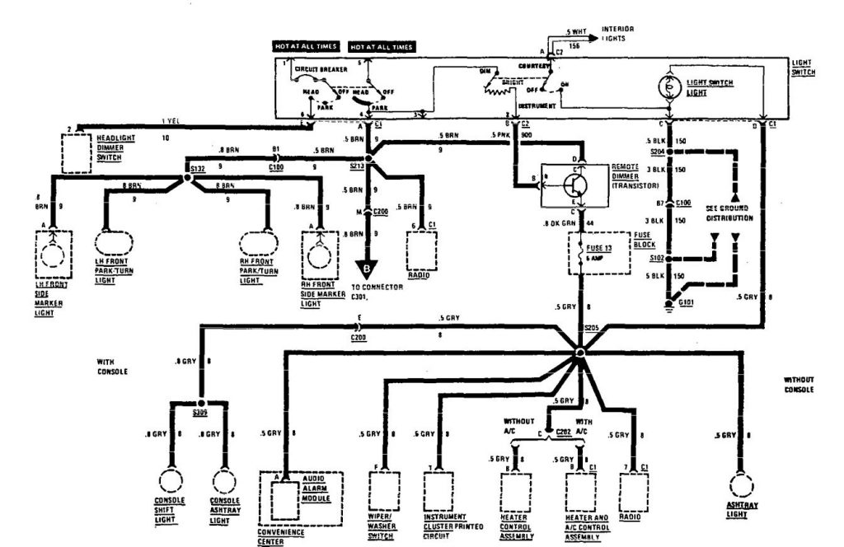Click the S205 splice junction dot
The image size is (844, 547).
tap(580, 353)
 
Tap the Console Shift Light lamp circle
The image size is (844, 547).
tap(170, 480)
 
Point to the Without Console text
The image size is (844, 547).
tap(799, 383)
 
